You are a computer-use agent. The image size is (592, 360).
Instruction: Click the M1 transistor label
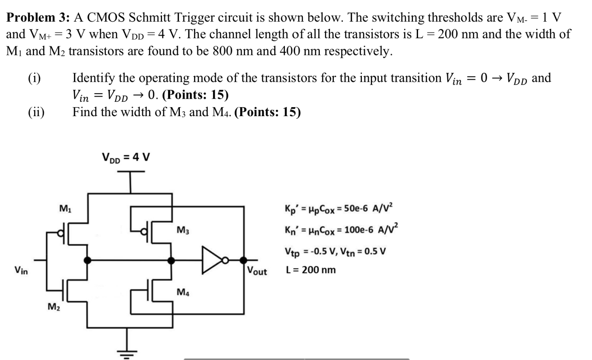point(65,209)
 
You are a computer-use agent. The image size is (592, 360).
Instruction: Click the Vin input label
point(21,269)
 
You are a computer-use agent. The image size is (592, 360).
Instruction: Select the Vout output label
point(257,271)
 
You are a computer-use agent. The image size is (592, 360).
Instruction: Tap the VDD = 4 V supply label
point(125,157)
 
